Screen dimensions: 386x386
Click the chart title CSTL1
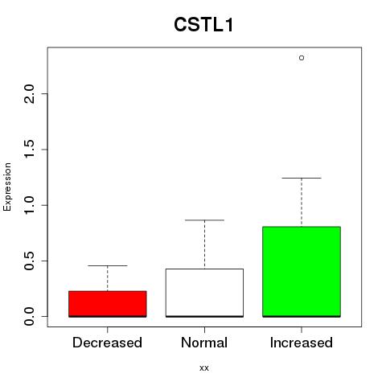(x=203, y=25)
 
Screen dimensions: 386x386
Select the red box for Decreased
(x=108, y=304)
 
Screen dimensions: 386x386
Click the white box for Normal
(x=204, y=293)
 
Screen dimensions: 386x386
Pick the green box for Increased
(x=302, y=272)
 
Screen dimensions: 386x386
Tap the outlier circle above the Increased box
(x=302, y=58)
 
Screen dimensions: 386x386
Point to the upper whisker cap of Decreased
(x=108, y=265)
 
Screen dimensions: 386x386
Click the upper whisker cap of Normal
(x=204, y=220)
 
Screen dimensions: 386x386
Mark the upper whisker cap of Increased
(x=302, y=178)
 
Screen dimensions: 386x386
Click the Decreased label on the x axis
(x=107, y=343)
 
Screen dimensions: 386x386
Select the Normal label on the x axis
(x=204, y=343)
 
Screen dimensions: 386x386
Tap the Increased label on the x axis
(x=302, y=343)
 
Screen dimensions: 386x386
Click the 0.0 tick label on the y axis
(x=29, y=316)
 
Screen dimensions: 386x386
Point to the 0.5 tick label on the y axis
(x=29, y=261)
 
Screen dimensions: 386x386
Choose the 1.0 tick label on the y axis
(x=29, y=205)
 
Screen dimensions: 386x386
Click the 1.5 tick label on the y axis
(x=29, y=150)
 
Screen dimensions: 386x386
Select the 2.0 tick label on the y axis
(x=29, y=93)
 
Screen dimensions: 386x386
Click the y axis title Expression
(x=7, y=187)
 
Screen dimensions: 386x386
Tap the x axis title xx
(x=204, y=368)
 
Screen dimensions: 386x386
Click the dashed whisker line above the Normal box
(x=204, y=244)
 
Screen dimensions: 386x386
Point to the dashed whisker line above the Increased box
(x=302, y=203)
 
